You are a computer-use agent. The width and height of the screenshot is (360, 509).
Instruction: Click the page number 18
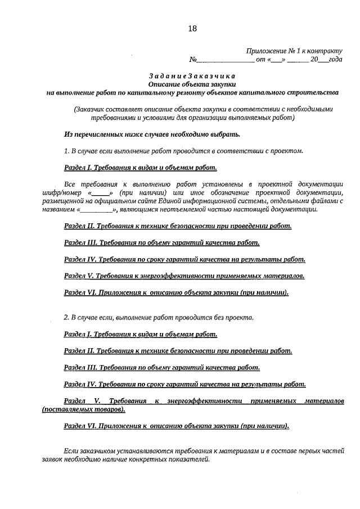(x=192, y=29)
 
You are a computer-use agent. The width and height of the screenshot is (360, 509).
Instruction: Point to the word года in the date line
(x=335, y=59)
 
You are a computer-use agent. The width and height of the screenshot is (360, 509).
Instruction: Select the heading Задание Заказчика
(x=192, y=76)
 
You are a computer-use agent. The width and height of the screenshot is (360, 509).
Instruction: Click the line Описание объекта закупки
(x=192, y=84)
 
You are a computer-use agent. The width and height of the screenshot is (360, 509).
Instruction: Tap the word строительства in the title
(x=314, y=92)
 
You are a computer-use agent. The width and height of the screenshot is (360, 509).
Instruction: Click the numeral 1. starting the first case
(x=66, y=151)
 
